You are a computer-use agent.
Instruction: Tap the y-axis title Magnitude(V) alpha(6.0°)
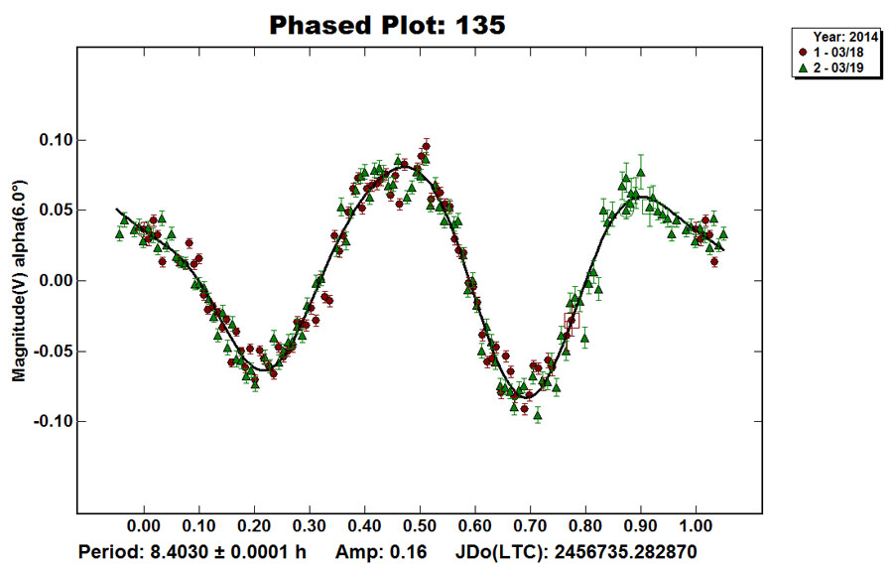point(19,281)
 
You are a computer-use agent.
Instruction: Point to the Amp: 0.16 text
point(381,549)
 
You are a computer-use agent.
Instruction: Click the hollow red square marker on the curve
point(570,319)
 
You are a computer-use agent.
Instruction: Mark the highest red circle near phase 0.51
point(426,147)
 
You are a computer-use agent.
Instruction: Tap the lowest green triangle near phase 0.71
point(538,416)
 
